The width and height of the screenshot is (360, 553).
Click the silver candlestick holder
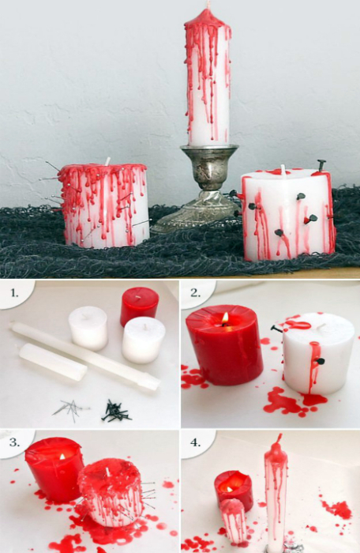point(201,187)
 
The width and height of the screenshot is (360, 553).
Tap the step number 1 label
point(14,293)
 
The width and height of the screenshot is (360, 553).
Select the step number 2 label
point(196,293)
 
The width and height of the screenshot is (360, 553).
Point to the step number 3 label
point(14,442)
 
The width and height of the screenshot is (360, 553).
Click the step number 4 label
point(196,442)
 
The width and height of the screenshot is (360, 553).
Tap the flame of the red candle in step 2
point(225,318)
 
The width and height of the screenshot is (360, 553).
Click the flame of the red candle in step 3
point(62,457)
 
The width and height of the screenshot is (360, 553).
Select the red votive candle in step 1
point(139,307)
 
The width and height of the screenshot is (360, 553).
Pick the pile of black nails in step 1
point(115,412)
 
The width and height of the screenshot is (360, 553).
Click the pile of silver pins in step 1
point(70,410)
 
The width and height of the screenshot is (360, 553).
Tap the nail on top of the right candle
point(321,165)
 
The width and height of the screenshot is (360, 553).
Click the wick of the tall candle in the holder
point(208,5)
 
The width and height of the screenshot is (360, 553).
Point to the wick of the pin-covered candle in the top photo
point(107,161)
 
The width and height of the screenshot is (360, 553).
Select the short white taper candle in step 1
point(53,362)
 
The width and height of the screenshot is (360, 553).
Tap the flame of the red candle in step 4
point(230,489)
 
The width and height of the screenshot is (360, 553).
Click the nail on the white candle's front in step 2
point(321,361)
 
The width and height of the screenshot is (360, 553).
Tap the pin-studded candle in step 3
point(111,492)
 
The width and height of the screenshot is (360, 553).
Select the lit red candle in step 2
point(224,344)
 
